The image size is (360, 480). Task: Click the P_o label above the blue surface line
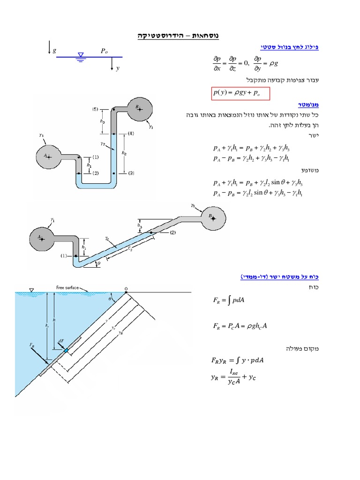click(x=104, y=51)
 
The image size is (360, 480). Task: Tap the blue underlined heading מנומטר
click(x=308, y=104)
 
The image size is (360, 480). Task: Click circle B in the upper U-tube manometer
click(x=139, y=109)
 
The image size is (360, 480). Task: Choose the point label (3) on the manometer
click(x=131, y=173)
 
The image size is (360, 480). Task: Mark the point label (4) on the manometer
click(x=131, y=134)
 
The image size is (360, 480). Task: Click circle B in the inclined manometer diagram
click(x=213, y=217)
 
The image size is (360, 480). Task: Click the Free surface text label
click(x=66, y=287)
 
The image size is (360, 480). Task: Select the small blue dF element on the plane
click(x=66, y=351)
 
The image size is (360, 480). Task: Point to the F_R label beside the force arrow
click(x=32, y=345)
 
